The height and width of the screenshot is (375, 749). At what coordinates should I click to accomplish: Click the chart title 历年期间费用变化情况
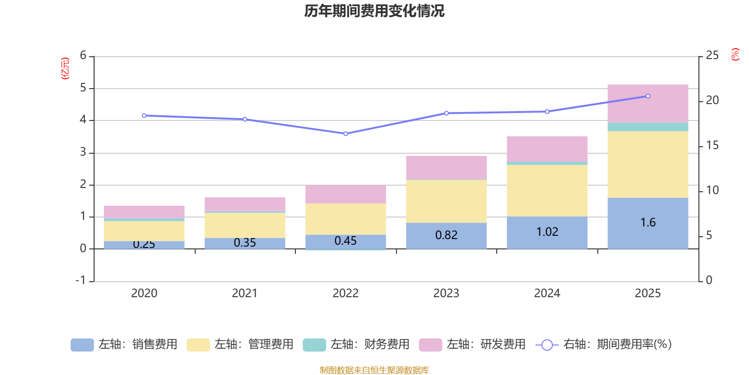click(x=374, y=11)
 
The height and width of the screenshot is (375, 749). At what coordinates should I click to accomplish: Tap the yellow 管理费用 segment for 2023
click(x=446, y=201)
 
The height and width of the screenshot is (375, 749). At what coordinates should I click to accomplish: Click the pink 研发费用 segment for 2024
click(x=547, y=149)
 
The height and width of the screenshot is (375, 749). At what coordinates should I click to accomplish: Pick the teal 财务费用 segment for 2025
click(x=648, y=127)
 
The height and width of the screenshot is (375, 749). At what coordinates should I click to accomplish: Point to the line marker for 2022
click(x=345, y=134)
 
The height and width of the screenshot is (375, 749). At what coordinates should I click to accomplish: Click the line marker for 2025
click(x=648, y=96)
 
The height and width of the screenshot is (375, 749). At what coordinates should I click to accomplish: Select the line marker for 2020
click(x=144, y=115)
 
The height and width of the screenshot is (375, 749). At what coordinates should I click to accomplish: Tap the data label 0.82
click(x=446, y=235)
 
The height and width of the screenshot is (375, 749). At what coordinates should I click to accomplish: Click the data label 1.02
click(x=547, y=232)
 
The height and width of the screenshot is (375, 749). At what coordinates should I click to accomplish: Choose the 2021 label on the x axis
click(x=244, y=293)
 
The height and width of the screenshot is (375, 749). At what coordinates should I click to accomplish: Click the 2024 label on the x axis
click(x=547, y=293)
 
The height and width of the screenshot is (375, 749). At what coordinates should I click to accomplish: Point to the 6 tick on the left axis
click(x=83, y=56)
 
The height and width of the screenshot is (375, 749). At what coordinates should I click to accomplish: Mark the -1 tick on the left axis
click(x=81, y=280)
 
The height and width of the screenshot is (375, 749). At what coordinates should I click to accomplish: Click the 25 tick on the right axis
click(x=712, y=56)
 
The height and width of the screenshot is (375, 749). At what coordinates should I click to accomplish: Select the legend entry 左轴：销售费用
click(x=124, y=345)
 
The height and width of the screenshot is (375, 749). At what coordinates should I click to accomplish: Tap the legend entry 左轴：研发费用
click(x=472, y=345)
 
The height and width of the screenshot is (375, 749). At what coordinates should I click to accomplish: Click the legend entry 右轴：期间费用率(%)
click(x=604, y=345)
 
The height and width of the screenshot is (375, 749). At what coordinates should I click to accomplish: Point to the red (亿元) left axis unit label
click(x=65, y=68)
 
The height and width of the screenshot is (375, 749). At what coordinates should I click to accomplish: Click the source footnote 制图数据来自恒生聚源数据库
click(x=374, y=370)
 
